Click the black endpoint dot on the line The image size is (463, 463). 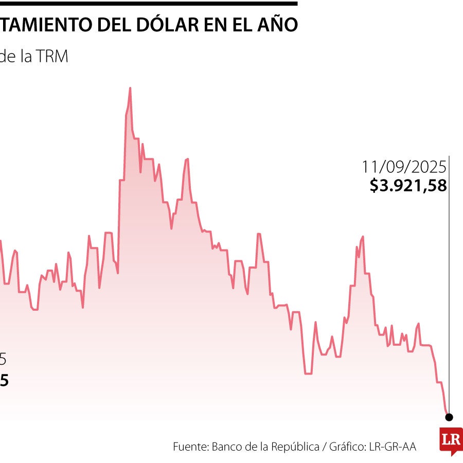[x=449, y=417]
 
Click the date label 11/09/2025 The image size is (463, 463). [x=404, y=167]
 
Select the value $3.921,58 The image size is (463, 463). [x=408, y=185]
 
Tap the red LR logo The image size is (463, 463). [x=451, y=440]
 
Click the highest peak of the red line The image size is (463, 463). [x=130, y=88]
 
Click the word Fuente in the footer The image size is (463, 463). [x=189, y=447]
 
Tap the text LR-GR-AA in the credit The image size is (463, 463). [x=393, y=447]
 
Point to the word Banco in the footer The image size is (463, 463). [x=227, y=447]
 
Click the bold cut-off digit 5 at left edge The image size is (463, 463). [x=4, y=381]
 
